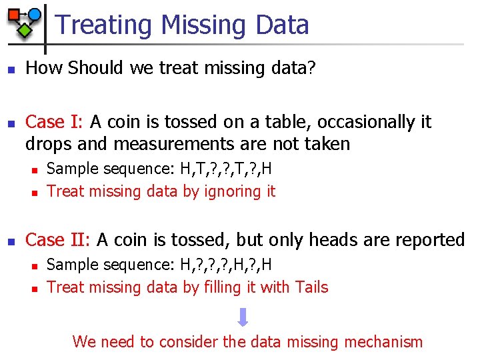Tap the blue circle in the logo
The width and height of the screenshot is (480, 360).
tap(34, 14)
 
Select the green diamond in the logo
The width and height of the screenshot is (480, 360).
tap(24, 30)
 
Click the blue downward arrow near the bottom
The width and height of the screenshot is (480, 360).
tap(243, 317)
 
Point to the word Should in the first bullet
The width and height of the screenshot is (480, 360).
tap(92, 68)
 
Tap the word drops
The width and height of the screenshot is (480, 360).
tap(49, 143)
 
